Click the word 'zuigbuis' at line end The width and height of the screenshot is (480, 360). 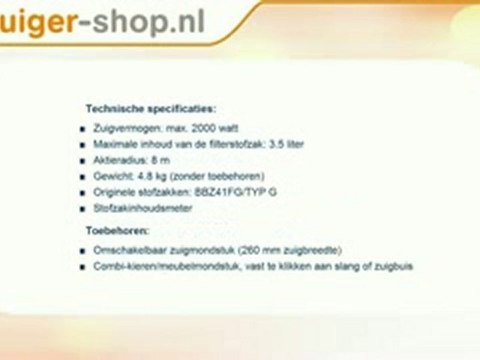point(394,266)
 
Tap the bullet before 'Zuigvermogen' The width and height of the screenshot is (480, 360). point(82,129)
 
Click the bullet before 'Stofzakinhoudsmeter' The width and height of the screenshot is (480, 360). point(82,207)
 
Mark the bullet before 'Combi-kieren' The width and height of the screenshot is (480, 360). point(82,266)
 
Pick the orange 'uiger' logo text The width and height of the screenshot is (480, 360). point(32,19)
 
